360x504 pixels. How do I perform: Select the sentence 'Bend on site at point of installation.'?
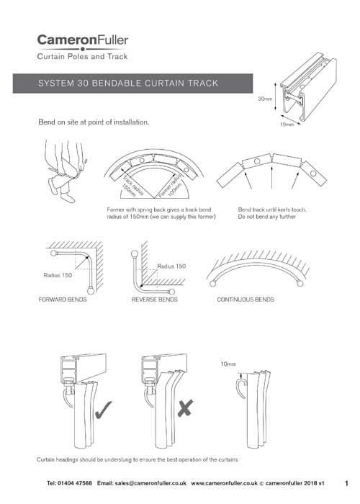[94, 122]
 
